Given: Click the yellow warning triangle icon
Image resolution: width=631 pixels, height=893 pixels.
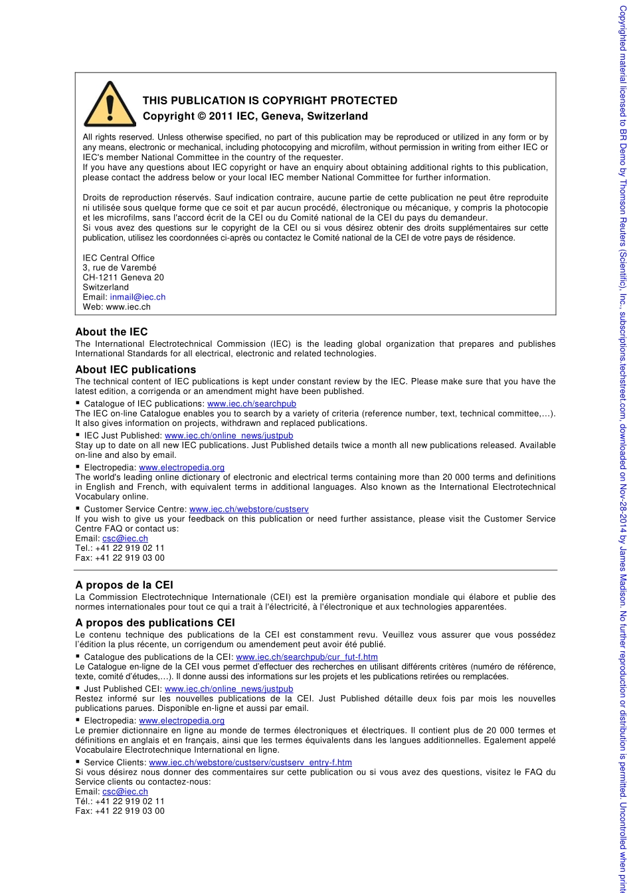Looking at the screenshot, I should tap(110, 105).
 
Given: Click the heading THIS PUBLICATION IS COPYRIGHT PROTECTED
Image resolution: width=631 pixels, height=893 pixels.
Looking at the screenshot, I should tap(270, 100).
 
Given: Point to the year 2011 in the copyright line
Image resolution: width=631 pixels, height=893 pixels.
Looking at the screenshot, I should tap(221, 116).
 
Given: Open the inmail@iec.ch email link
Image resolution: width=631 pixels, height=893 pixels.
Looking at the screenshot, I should tap(137, 297).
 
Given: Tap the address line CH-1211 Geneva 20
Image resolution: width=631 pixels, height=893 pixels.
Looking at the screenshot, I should tap(123, 277).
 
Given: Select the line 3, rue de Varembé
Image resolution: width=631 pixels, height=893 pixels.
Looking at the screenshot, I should tap(120, 268).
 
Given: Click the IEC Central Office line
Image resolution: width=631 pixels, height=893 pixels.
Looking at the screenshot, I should tap(118, 258).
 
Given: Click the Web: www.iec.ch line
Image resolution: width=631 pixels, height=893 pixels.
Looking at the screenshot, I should tap(116, 307).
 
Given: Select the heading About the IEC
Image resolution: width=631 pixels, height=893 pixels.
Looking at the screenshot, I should tap(112, 332).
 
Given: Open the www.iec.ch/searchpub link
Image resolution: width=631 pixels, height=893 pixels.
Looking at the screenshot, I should tap(252, 403).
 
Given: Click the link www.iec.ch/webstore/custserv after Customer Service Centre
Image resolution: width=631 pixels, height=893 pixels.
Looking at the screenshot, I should tap(248, 509).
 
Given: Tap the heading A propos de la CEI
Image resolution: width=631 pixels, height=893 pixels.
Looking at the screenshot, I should tap(124, 585).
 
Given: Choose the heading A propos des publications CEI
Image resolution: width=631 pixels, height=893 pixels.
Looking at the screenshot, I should tap(155, 623).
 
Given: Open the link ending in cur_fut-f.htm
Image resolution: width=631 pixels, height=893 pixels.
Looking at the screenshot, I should tap(307, 656).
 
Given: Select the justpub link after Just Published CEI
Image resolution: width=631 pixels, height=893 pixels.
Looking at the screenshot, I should tap(228, 688).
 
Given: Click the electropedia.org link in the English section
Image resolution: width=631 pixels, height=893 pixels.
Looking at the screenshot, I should tap(181, 467).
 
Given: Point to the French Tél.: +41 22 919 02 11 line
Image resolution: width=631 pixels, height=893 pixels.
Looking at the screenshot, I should tap(120, 801).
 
